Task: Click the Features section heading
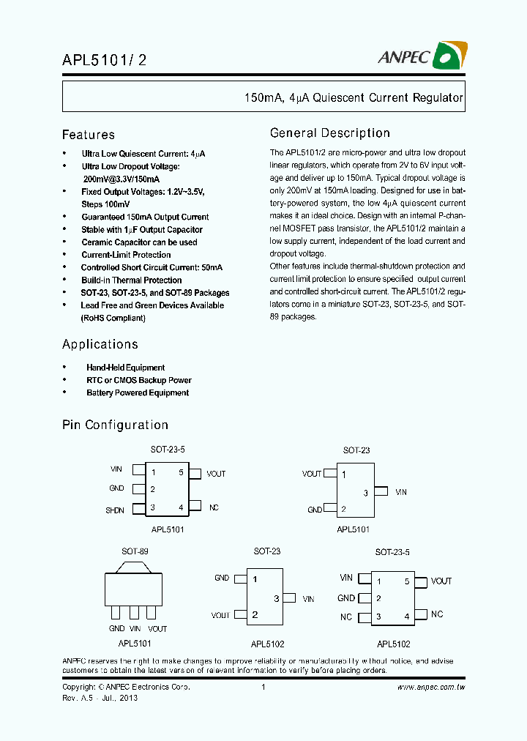point(89,135)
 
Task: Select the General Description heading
point(330,133)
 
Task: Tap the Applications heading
point(100,344)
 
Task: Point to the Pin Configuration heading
point(115,425)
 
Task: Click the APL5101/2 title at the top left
point(104,62)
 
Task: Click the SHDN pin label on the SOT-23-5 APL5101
point(115,510)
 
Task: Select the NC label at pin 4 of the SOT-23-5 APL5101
point(214,507)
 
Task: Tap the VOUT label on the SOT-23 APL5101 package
point(312,474)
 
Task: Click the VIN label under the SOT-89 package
point(135,629)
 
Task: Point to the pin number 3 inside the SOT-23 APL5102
point(276,598)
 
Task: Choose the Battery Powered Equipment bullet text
point(138,393)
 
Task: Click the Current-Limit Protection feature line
point(126,255)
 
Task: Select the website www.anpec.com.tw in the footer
point(431,688)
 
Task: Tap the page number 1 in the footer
point(263,688)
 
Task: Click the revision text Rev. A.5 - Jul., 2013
point(100,698)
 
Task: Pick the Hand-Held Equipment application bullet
point(125,368)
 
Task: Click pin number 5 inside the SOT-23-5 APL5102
point(407,581)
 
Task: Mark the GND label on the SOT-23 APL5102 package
point(222,578)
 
